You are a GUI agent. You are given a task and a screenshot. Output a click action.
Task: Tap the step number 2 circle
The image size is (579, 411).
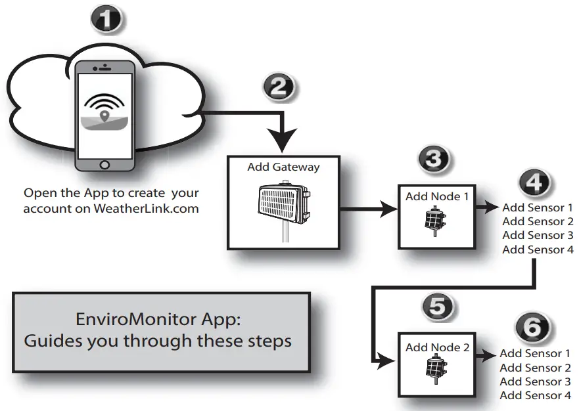pyautogui.click(x=279, y=88)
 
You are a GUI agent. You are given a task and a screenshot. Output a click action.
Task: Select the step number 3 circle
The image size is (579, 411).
pyautogui.click(x=434, y=159)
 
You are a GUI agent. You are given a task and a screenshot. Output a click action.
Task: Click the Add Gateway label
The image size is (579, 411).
pyautogui.click(x=283, y=167)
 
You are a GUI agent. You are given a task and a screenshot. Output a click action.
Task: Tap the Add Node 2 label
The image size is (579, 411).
pyautogui.click(x=437, y=347)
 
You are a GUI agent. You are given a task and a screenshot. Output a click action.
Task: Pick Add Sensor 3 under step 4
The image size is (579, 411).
pyautogui.click(x=538, y=235)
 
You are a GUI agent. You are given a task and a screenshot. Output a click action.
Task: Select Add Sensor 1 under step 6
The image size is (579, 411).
pyautogui.click(x=535, y=354)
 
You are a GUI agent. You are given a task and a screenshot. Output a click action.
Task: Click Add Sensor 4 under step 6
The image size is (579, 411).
pyautogui.click(x=535, y=395)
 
